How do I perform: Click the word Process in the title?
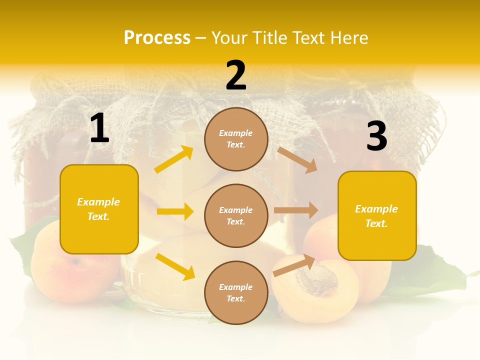[x=157, y=37]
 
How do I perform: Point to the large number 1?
[x=99, y=128]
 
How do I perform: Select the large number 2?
[x=236, y=75]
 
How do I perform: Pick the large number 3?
[x=376, y=136]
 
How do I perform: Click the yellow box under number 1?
[x=99, y=209]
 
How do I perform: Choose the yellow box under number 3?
[x=377, y=215]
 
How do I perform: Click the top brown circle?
[x=236, y=139]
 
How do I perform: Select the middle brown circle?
[x=236, y=215]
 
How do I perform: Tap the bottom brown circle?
[x=236, y=292]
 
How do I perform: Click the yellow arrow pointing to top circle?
[x=174, y=159]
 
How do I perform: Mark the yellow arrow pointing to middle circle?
[x=175, y=211]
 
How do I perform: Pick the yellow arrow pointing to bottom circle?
[x=175, y=266]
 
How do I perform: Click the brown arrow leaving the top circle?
[x=297, y=159]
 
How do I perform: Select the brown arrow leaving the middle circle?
[x=296, y=210]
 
